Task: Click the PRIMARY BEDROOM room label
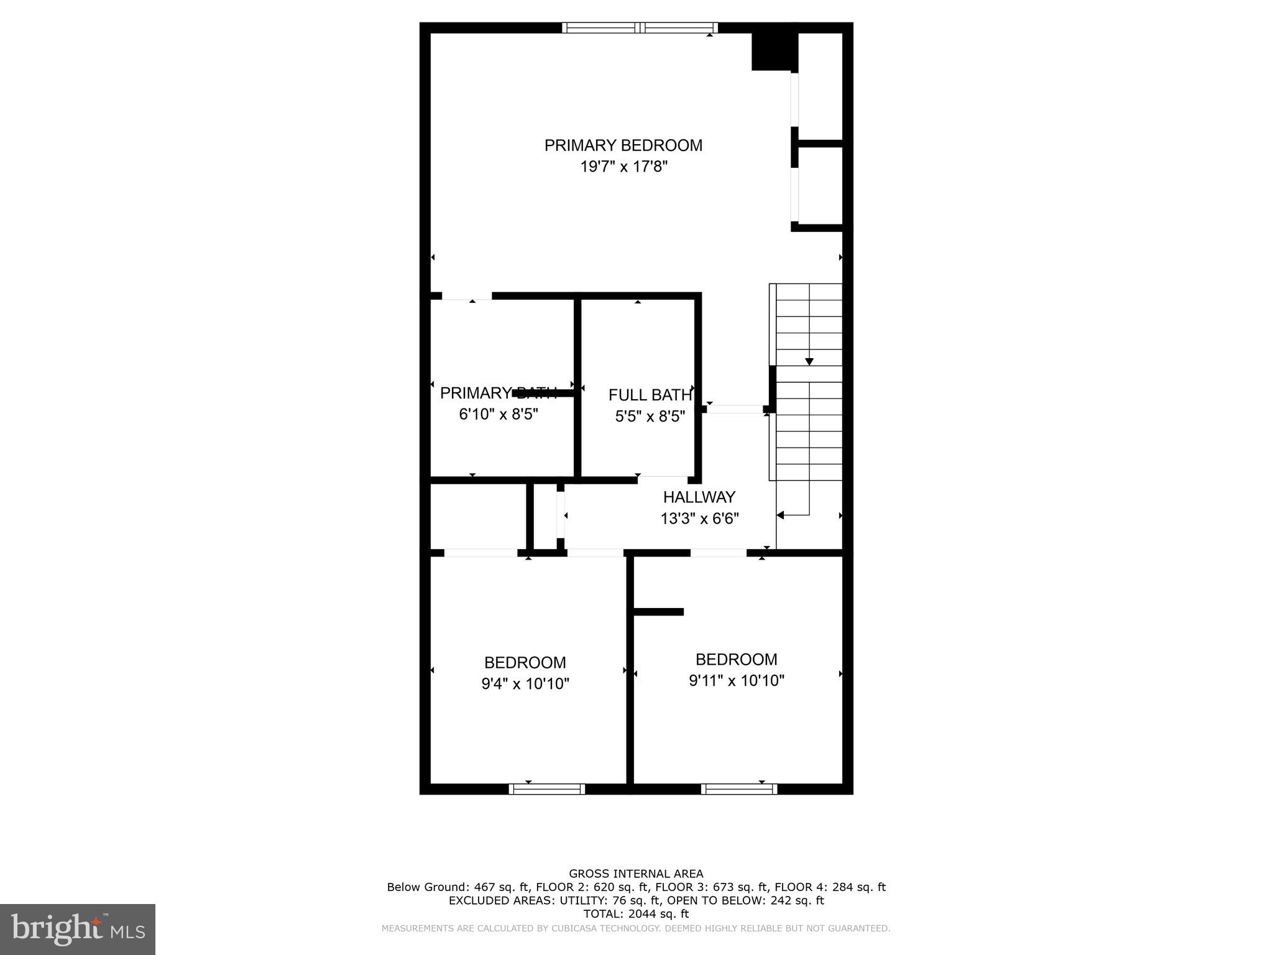click(623, 145)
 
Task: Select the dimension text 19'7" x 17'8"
click(623, 167)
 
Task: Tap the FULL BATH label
click(650, 395)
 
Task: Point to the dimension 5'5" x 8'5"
click(650, 416)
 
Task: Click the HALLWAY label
click(699, 497)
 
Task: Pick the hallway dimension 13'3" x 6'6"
click(699, 518)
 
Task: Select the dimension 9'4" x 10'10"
click(525, 684)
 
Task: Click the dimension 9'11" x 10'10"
click(737, 681)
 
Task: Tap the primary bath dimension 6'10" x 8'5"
click(499, 414)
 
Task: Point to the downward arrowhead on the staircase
click(809, 362)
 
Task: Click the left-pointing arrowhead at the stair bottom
click(781, 515)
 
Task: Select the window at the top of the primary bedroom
click(640, 27)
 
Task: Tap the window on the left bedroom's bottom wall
click(547, 789)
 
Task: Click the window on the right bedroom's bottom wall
click(739, 789)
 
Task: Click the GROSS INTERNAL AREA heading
click(636, 874)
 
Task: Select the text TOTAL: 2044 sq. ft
click(636, 913)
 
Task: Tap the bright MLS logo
click(78, 930)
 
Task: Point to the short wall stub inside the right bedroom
click(658, 612)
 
